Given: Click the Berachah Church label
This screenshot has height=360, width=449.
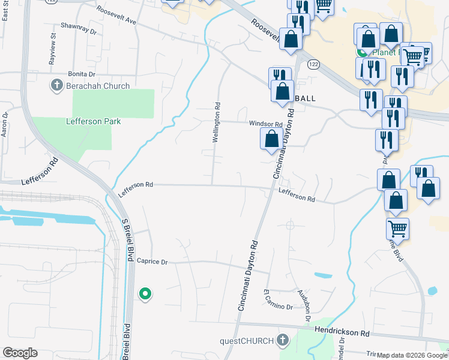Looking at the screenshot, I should (x=98, y=86).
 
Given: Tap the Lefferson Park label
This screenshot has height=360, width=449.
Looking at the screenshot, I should (x=93, y=121).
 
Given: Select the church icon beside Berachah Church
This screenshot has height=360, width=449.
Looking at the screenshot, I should (x=57, y=85).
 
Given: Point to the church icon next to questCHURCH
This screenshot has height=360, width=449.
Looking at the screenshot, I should (x=283, y=341).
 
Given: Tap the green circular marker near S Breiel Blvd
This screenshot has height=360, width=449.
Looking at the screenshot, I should (x=145, y=294).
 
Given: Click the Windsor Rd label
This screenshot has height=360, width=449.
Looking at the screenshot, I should (x=265, y=124).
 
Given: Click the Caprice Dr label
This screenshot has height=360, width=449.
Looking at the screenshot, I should (x=152, y=262).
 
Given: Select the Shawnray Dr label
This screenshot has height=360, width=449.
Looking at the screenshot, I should (x=79, y=26).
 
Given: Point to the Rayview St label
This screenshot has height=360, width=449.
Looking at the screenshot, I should (x=53, y=46).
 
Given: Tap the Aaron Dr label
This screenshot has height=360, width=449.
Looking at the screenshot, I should (x=5, y=123).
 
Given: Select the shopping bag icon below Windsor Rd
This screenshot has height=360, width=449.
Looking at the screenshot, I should (x=271, y=139).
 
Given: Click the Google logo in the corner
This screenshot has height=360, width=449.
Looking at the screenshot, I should (x=20, y=353).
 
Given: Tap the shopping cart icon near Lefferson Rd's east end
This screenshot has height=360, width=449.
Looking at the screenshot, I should (x=397, y=228).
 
